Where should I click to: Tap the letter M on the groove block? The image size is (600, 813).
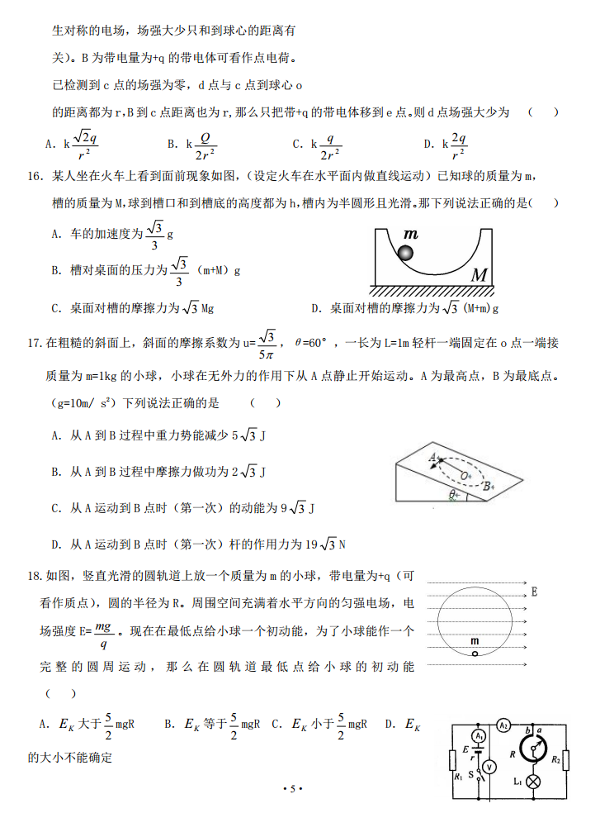coord(480,275)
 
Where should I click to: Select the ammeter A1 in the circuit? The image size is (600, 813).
coord(478,735)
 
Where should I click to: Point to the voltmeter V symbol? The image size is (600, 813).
coord(489,766)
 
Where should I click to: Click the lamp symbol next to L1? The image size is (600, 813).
coord(534,780)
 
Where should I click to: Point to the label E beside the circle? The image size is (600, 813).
coord(534,592)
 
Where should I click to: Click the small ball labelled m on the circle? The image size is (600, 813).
coord(475,654)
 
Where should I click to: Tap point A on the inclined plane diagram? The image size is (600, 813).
coord(432,456)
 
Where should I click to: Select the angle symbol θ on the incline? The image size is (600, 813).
coord(453,494)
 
